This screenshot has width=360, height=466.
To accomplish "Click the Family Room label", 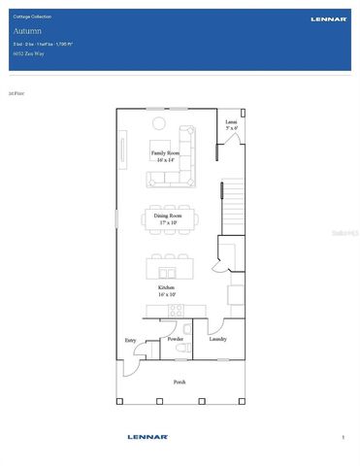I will (x=165, y=153).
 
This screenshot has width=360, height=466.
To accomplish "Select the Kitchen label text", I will (x=166, y=287).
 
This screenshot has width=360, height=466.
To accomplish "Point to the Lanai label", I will (x=231, y=122).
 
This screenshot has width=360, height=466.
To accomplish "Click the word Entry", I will (x=130, y=340).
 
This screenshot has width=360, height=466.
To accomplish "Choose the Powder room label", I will (x=175, y=339).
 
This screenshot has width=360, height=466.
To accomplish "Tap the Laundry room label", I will (x=217, y=339).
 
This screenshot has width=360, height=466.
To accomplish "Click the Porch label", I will (x=180, y=382).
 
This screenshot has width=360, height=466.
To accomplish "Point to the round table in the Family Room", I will (x=161, y=121).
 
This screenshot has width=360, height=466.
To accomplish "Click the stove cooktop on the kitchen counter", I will (x=176, y=311).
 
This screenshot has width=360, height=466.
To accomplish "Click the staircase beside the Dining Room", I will (x=234, y=209).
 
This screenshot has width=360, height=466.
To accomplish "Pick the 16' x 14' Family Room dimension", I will (x=165, y=160).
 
